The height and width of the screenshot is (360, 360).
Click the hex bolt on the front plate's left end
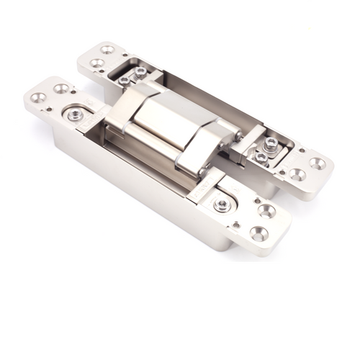(x=75, y=115)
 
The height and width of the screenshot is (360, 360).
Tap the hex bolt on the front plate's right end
(x=222, y=204)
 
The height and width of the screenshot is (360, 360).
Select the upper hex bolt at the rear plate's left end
(x=140, y=72)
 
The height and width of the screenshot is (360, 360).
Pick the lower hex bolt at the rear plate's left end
(x=125, y=81)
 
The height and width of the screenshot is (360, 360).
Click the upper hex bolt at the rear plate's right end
(x=271, y=143)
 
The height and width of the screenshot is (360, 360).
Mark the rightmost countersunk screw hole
(x=318, y=163)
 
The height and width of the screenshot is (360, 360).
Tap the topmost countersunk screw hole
(x=108, y=50)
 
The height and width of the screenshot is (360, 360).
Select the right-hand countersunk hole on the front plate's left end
(x=61, y=89)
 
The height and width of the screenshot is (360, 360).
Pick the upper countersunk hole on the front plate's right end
(x=267, y=211)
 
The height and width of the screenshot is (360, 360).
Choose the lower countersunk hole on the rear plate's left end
(x=96, y=63)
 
